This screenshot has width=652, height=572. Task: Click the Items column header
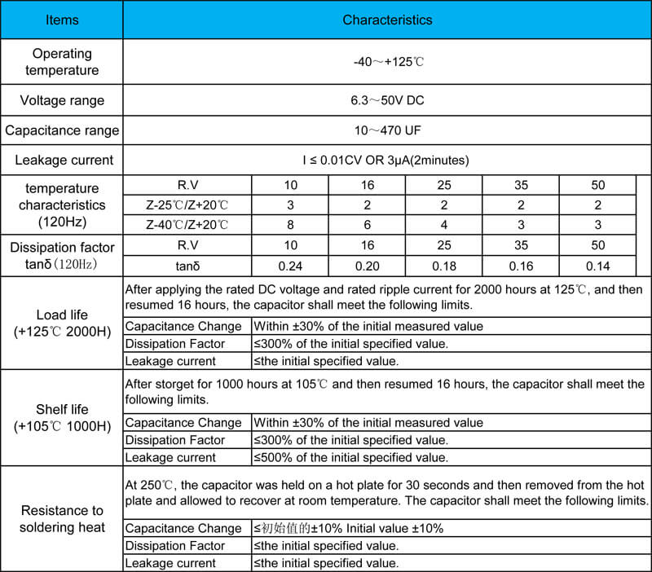(62, 20)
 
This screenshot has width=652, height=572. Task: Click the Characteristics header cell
(387, 20)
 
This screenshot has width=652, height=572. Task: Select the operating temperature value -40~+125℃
(387, 62)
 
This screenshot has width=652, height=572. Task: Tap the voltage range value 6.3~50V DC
(387, 101)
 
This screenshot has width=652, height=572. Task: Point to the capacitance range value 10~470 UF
(387, 130)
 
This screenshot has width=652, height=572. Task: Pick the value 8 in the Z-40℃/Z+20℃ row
(290, 225)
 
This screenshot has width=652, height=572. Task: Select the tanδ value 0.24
(290, 266)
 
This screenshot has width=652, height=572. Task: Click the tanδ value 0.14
(598, 266)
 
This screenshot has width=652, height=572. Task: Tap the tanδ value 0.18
(444, 266)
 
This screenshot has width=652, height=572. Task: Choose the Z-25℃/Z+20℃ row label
(187, 205)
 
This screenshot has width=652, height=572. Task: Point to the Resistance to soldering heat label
(62, 518)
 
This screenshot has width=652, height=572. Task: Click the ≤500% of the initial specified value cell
(350, 458)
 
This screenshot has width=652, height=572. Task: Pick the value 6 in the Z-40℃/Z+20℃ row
(368, 225)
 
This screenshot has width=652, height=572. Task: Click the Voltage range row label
(62, 101)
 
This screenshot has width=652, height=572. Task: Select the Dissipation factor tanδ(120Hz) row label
(62, 255)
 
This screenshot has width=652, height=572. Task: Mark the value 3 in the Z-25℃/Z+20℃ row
(290, 205)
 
